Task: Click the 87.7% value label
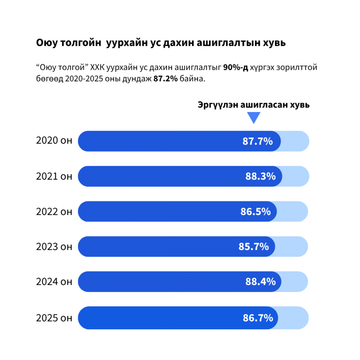click(257, 141)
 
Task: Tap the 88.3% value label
click(261, 176)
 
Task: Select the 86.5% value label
click(256, 212)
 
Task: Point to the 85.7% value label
click(253, 247)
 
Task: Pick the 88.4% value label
click(261, 282)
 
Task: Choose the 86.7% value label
click(257, 318)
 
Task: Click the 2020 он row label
click(54, 141)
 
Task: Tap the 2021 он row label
click(54, 176)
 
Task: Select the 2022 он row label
click(54, 212)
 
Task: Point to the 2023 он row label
click(54, 247)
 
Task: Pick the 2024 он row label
click(54, 282)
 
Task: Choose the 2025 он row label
click(54, 318)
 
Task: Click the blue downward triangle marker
click(253, 118)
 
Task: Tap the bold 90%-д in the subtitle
click(236, 67)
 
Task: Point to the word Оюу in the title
click(46, 43)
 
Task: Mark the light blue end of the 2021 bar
click(296, 176)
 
